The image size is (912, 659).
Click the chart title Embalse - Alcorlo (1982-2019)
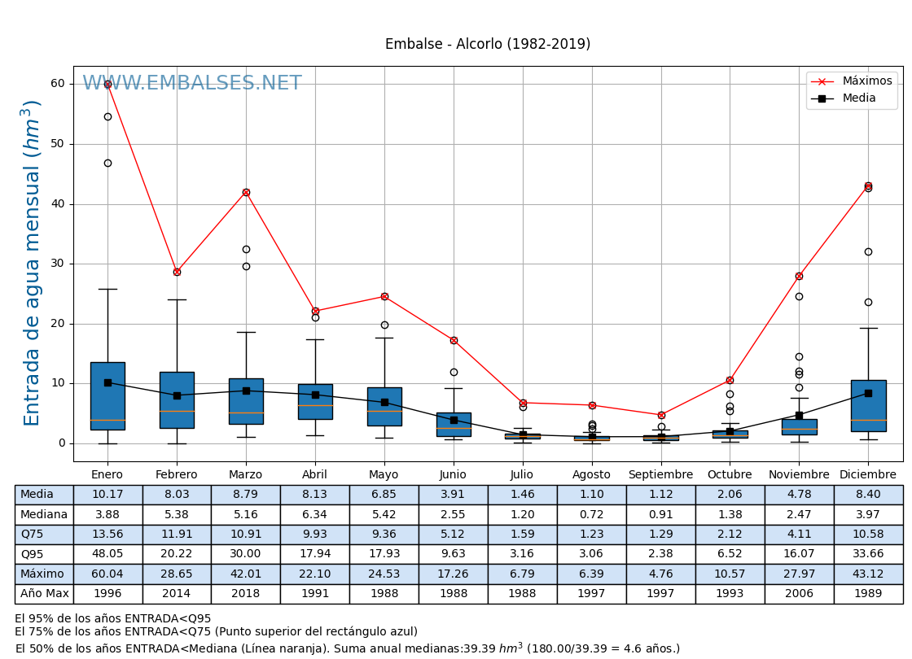point(488,45)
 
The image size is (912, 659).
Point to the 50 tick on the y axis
point(57,144)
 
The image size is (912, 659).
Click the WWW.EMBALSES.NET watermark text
point(192,84)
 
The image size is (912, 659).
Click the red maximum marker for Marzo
point(246,193)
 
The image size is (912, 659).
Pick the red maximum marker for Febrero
point(177,272)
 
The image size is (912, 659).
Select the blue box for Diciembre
point(868,405)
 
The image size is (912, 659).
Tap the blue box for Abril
point(315,402)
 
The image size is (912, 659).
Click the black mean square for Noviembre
point(799,415)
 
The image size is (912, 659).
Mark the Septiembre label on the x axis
point(660,475)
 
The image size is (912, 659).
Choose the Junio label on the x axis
point(453,475)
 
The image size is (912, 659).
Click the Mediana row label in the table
point(44,515)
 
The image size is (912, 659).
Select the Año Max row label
point(44,594)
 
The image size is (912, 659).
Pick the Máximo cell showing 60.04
point(107,574)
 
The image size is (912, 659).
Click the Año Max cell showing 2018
point(245,594)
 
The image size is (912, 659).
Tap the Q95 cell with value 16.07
point(799,555)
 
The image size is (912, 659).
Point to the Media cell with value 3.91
point(453,495)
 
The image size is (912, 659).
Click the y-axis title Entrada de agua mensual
point(33,263)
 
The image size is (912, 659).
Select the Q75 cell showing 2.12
point(730,535)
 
